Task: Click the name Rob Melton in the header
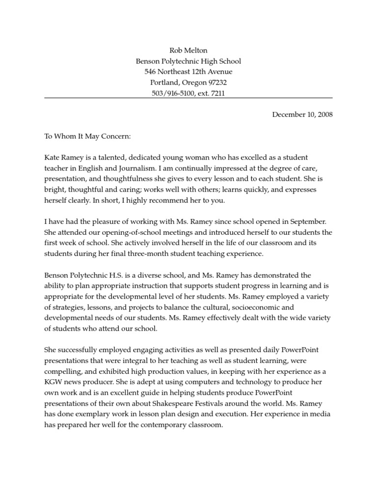coord(188,50)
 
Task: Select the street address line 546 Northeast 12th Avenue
coord(188,72)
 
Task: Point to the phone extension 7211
coord(217,93)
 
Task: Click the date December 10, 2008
coord(302,114)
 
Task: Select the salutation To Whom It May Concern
coord(88,136)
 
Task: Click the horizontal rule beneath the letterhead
coord(188,99)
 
